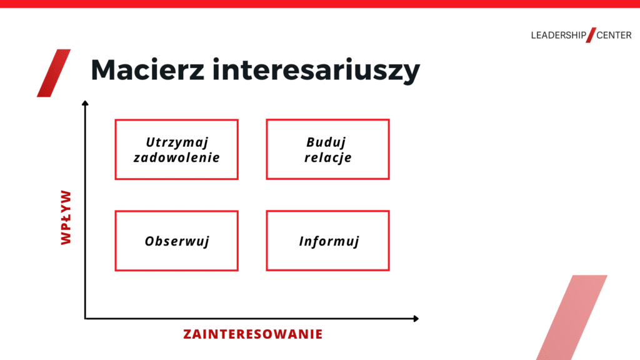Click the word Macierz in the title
tap(147, 69)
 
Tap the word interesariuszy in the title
tap(316, 71)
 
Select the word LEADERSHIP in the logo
tap(558, 36)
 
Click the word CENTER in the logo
tap(614, 36)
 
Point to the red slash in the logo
tap(591, 35)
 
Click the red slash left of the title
tap(54, 73)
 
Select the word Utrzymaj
tap(177, 142)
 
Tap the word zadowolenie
tap(177, 157)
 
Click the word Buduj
tap(326, 142)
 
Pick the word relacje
tap(327, 157)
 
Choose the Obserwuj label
tap(177, 241)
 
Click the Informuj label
tap(329, 241)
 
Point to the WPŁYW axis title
tap(66, 217)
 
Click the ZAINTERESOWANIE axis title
tap(253, 334)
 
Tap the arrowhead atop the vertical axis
tap(85, 103)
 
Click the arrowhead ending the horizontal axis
tap(416, 318)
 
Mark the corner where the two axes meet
tap(85, 318)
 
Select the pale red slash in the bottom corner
tap(571, 317)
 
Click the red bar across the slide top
tap(320, 4)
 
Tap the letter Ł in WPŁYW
tap(66, 217)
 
